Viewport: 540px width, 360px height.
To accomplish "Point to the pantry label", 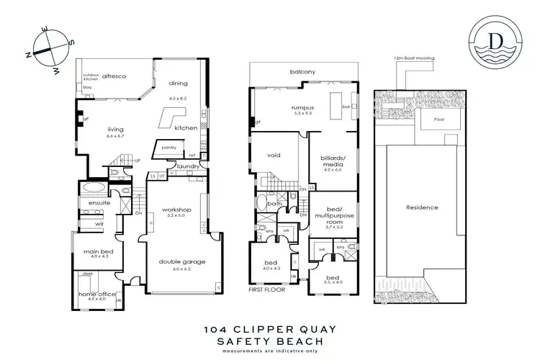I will click(x=169, y=148).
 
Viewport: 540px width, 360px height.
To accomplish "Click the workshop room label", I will click(x=176, y=208).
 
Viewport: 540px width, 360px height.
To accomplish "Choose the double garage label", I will click(x=176, y=263).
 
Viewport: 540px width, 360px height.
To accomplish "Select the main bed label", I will click(x=94, y=251).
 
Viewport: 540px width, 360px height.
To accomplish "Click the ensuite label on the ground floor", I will click(x=99, y=203).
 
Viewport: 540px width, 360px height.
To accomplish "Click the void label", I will click(x=273, y=155).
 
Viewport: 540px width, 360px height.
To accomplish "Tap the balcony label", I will click(x=303, y=71).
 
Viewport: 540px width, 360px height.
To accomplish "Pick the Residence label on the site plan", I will click(x=422, y=207).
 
